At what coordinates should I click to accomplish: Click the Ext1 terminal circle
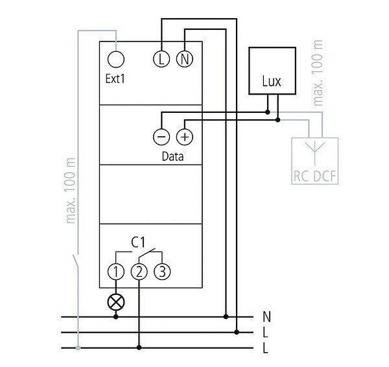(115, 60)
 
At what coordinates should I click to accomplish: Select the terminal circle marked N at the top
(184, 60)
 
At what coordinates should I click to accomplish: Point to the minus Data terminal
(161, 137)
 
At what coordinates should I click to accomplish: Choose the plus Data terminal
(185, 137)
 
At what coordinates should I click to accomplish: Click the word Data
(172, 156)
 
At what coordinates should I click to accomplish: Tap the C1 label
(138, 242)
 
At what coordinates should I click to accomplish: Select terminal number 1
(115, 272)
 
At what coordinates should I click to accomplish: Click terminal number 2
(139, 272)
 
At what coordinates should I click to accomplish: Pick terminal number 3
(162, 272)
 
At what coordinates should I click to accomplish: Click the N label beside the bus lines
(267, 317)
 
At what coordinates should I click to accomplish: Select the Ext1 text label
(115, 80)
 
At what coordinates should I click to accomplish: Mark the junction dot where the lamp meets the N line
(116, 317)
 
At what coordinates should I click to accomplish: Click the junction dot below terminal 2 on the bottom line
(139, 348)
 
